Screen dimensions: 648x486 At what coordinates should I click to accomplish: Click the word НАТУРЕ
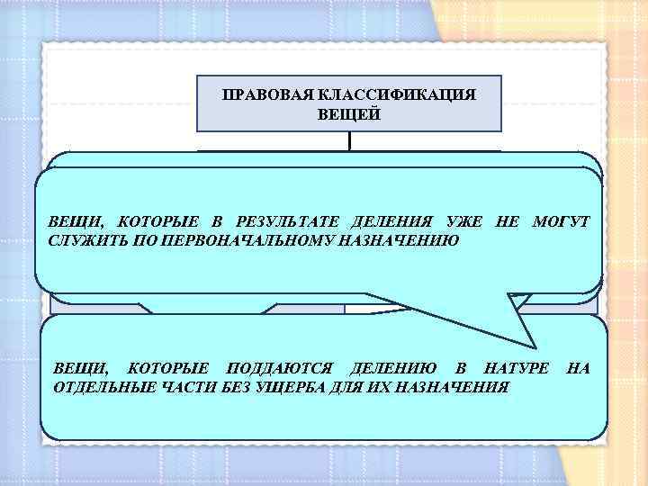click(515, 367)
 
